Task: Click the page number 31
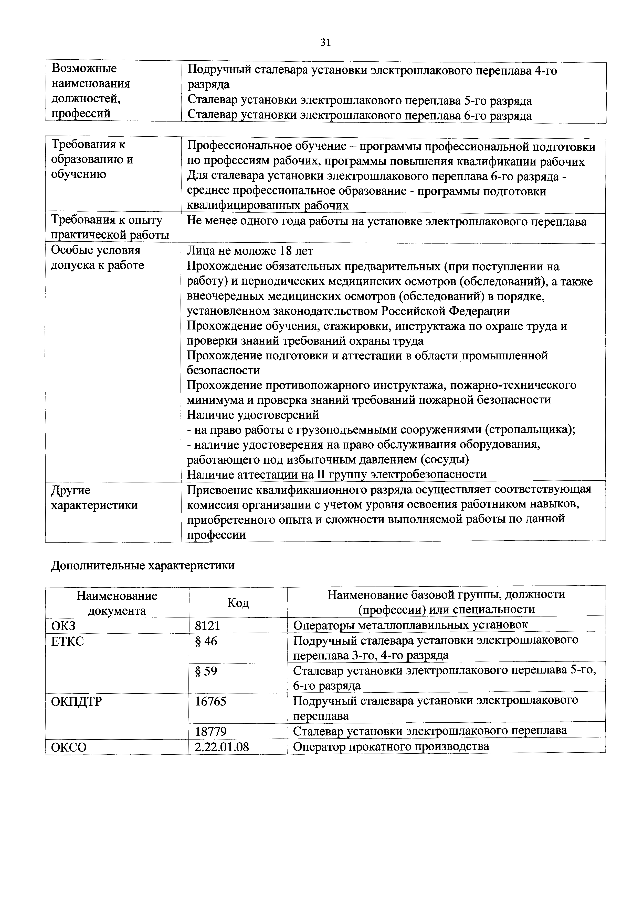click(x=325, y=42)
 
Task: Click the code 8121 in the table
click(x=207, y=625)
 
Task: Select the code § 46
click(x=206, y=641)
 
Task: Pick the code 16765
click(x=211, y=701)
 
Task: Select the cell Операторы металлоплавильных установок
click(x=410, y=625)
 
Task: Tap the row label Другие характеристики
click(x=94, y=498)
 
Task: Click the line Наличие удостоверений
click(x=253, y=415)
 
